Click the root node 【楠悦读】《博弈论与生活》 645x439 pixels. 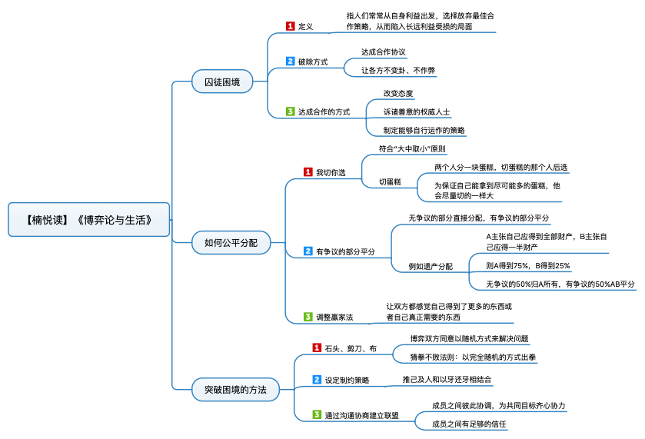88,219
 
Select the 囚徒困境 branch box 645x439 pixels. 221,81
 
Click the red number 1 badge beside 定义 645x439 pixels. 290,26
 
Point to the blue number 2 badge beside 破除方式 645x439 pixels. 290,62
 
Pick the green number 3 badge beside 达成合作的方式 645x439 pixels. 290,111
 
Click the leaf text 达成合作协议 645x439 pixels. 384,52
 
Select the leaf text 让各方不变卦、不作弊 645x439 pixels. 398,71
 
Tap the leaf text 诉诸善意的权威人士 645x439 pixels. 417,111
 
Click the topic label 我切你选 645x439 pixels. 331,173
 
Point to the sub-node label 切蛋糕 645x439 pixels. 390,182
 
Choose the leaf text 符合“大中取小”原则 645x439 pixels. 412,148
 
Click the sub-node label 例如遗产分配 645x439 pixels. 431,266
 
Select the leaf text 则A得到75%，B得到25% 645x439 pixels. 528,266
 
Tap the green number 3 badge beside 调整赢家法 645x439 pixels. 308,317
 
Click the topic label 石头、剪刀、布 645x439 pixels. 350,348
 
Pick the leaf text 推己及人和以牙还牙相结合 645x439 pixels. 447,379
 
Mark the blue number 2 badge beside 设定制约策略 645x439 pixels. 316,379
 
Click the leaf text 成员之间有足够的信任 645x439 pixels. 468,423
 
